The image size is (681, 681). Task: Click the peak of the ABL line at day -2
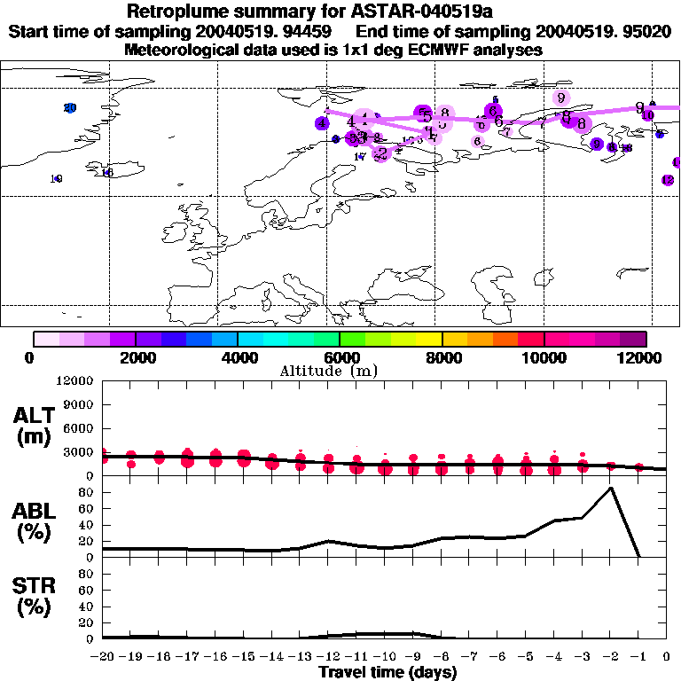point(610,488)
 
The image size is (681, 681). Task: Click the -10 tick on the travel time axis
point(385,656)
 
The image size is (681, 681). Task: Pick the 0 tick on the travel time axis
point(667,656)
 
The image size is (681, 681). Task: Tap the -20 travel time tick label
point(103,656)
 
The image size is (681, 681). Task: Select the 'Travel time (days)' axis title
point(388,672)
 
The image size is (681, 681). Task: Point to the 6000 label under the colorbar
point(340,357)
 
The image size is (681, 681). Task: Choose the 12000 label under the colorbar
point(646,357)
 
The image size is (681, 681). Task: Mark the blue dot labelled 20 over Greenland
point(70,108)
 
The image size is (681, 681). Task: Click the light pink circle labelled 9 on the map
point(560,98)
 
